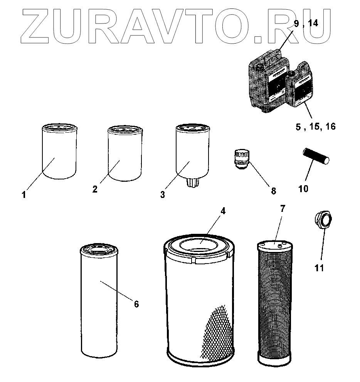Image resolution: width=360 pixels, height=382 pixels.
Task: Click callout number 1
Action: tap(24, 195)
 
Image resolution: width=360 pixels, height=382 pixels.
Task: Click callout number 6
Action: tap(136, 304)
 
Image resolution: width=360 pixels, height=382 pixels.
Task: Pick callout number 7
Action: tap(283, 209)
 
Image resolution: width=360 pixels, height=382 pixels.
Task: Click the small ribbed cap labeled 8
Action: tap(241, 159)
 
